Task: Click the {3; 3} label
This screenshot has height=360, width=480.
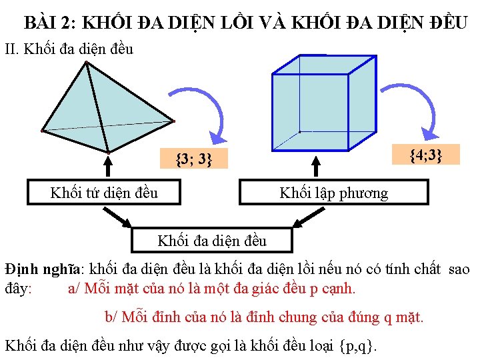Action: [x=194, y=159]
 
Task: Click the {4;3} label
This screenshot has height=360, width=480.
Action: [x=425, y=155]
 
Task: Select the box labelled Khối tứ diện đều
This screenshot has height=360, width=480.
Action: [x=104, y=193]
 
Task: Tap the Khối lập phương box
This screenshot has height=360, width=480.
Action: [x=333, y=193]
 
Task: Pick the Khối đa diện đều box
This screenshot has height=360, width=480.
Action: [x=211, y=241]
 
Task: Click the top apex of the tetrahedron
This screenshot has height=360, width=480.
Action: [x=86, y=63]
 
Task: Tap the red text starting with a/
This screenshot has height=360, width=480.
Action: [x=212, y=289]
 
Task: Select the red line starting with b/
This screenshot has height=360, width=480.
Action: [x=264, y=317]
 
